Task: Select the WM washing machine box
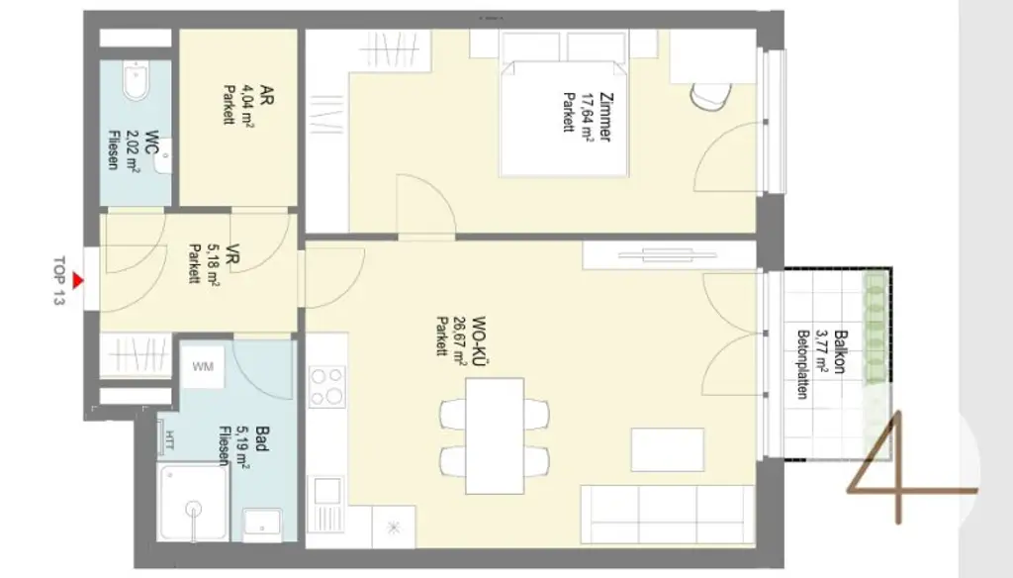tap(202, 368)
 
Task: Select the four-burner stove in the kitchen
tap(326, 386)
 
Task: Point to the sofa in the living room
tap(668, 516)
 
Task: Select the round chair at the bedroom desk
tap(711, 96)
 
